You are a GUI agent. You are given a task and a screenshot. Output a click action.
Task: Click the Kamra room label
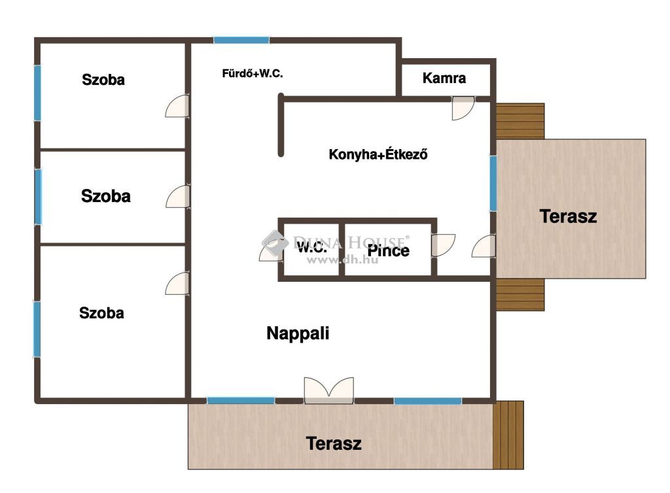click(x=444, y=78)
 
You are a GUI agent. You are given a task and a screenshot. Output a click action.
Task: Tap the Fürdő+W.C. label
click(x=252, y=73)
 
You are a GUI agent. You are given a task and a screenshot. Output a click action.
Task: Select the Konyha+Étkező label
click(x=378, y=154)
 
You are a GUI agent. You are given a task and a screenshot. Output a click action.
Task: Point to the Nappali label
click(x=298, y=333)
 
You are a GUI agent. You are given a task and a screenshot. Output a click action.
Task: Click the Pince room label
click(x=389, y=250)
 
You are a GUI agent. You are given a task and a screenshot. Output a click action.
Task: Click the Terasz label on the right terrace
click(x=568, y=216)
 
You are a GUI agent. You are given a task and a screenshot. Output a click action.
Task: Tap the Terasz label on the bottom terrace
click(x=334, y=443)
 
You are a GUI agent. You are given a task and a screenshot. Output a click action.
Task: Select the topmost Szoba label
click(x=103, y=80)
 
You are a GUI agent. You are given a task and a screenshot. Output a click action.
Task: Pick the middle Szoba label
click(x=105, y=196)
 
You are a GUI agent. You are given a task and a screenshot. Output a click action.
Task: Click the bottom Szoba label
click(x=101, y=313)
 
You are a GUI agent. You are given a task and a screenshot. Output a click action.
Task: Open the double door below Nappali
click(x=329, y=390)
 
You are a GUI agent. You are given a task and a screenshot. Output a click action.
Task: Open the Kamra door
click(x=463, y=108)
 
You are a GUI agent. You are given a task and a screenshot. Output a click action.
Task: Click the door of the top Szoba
click(x=177, y=106)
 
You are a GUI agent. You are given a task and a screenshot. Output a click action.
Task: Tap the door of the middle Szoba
click(x=178, y=196)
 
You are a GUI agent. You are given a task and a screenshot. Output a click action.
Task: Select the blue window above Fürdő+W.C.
click(x=241, y=40)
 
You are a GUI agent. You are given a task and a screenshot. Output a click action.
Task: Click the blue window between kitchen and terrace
click(x=493, y=183)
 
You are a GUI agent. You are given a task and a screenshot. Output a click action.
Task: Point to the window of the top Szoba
click(x=37, y=93)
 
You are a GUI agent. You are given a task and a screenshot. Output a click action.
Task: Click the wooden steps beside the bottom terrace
click(x=508, y=435)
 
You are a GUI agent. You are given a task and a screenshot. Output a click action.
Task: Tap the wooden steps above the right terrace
click(x=520, y=121)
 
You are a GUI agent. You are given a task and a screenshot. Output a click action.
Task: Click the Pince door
click(x=443, y=245)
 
